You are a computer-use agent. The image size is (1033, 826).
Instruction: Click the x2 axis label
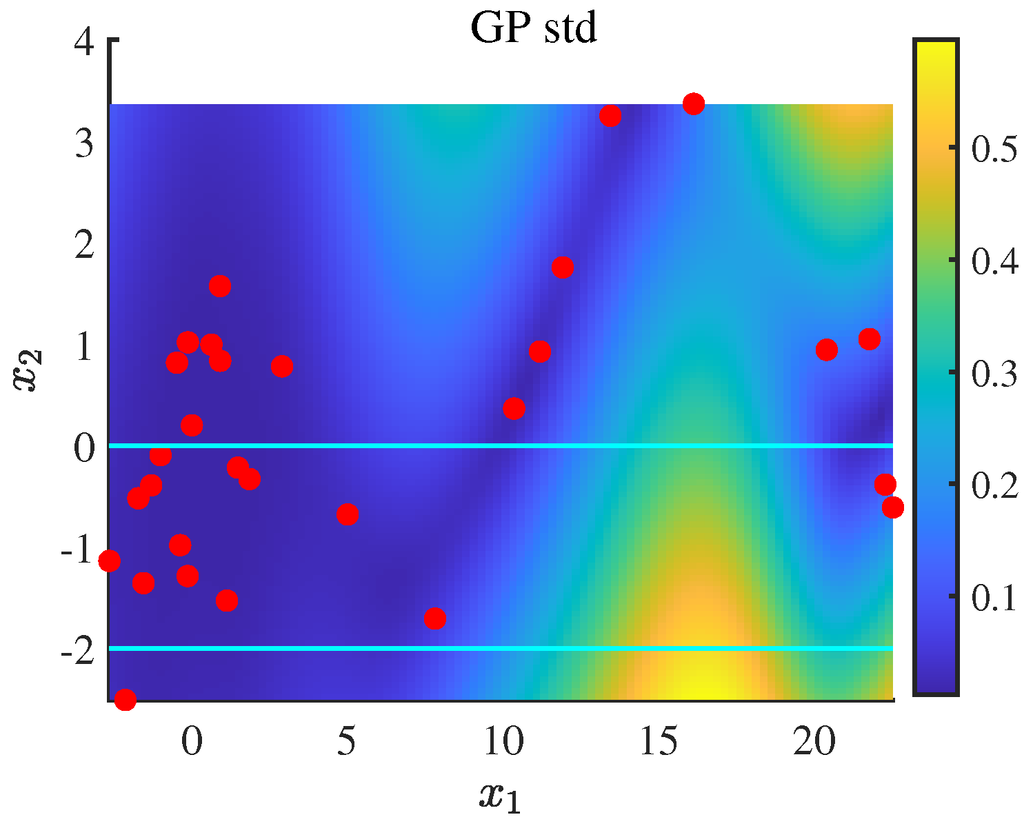tap(30, 370)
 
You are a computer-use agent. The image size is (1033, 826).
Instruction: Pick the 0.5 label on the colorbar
tap(994, 148)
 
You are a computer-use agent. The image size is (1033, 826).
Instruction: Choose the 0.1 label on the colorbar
tap(994, 597)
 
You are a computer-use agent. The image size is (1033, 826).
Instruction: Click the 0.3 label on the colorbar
tap(994, 373)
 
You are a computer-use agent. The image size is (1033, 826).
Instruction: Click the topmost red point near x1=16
tap(693, 104)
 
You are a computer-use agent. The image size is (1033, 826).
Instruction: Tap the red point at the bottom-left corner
tap(125, 700)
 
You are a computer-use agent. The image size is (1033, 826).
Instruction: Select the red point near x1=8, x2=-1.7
tap(434, 618)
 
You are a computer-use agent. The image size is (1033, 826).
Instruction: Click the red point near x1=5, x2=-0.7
tap(347, 514)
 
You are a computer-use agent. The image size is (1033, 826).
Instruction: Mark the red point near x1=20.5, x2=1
tap(826, 350)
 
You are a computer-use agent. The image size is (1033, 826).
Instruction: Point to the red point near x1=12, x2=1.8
tap(563, 267)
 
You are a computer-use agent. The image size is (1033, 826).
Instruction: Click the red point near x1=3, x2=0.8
tap(281, 366)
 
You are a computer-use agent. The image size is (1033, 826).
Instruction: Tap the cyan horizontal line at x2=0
tap(483, 446)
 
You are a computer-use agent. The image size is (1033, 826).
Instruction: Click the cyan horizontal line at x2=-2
tap(483, 648)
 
